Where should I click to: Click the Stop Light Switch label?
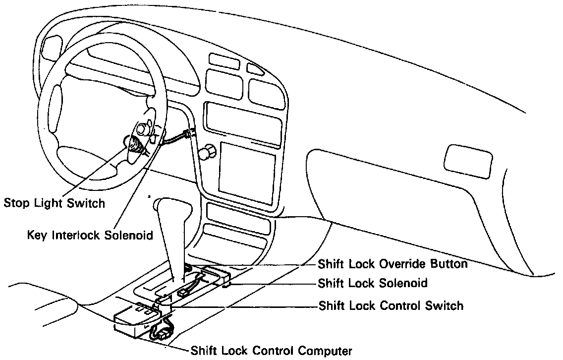tap(54, 203)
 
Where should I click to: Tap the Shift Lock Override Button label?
tap(393, 264)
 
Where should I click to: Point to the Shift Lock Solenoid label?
tap(373, 284)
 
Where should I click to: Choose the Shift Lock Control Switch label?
tap(391, 305)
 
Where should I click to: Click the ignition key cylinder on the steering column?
tap(142, 128)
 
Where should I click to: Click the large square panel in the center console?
tap(247, 170)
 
